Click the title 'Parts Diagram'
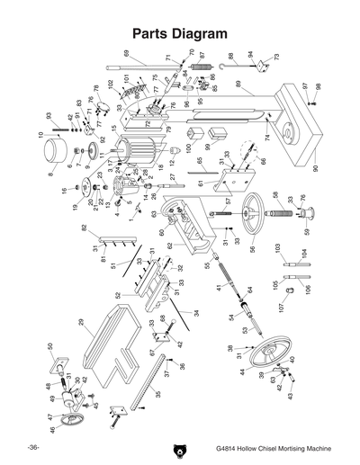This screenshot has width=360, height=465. point(179,33)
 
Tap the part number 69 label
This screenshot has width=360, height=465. point(127,54)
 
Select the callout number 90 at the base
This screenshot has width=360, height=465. point(315,168)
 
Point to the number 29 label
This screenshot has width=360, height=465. point(80,321)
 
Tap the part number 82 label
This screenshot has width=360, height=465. point(84,228)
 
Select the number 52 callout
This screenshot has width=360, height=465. point(118,295)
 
